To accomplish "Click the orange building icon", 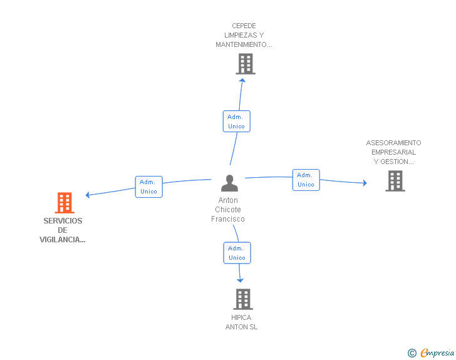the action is (x=65, y=203).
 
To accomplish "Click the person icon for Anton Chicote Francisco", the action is (x=229, y=183).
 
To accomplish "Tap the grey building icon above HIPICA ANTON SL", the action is (x=243, y=299).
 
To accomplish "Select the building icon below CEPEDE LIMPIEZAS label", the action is (x=246, y=64).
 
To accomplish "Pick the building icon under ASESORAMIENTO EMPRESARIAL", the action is (x=395, y=181).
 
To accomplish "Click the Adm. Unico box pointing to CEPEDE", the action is (x=236, y=121).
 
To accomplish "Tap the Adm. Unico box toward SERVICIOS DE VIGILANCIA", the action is (x=148, y=187).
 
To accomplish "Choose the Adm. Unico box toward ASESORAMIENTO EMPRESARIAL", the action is (x=306, y=180).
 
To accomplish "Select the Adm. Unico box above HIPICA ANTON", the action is (x=237, y=253).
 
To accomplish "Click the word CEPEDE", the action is (x=244, y=26).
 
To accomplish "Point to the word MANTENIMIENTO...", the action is (x=241, y=44).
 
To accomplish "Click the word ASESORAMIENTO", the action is (x=393, y=143).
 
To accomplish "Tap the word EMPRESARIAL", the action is (x=393, y=152).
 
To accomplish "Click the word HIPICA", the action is (x=241, y=317).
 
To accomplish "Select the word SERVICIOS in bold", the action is (x=63, y=221).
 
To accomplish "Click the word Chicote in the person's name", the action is (x=228, y=210).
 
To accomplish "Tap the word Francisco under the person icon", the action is (x=228, y=219).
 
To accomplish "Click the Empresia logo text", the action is (x=437, y=352).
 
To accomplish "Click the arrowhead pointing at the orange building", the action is (x=88, y=195).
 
